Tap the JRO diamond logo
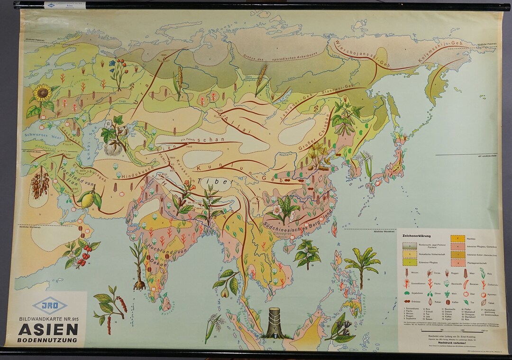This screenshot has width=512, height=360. point(49,306)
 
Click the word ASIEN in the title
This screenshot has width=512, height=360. point(45,329)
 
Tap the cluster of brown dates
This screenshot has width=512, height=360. point(39,184)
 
